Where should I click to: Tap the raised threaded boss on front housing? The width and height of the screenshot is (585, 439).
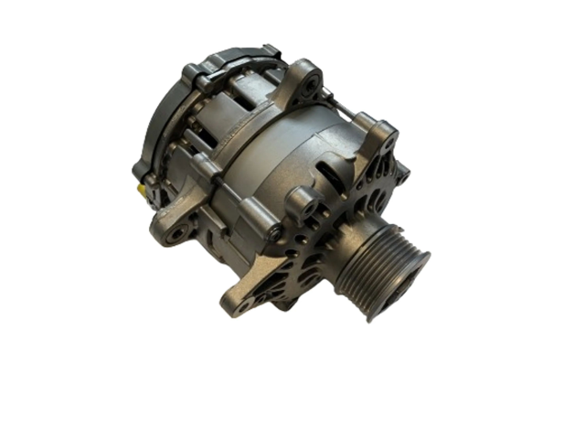pyautogui.click(x=302, y=202)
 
